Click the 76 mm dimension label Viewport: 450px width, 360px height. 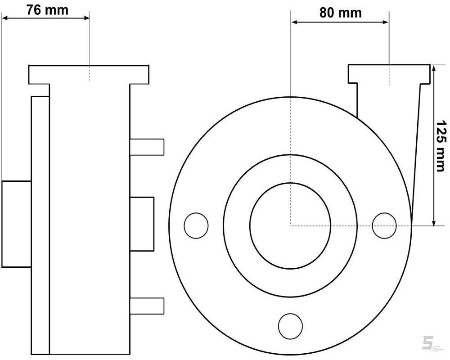(47, 10)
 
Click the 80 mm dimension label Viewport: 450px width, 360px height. (340, 13)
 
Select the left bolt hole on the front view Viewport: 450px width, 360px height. (196, 225)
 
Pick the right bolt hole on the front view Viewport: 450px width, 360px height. (384, 225)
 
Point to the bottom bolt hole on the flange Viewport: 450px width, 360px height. (290, 326)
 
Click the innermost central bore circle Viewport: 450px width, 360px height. (290, 225)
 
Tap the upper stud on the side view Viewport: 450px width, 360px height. (147, 147)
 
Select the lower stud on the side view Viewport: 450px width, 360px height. (147, 306)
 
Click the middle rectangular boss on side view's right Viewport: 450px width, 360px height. (142, 224)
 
